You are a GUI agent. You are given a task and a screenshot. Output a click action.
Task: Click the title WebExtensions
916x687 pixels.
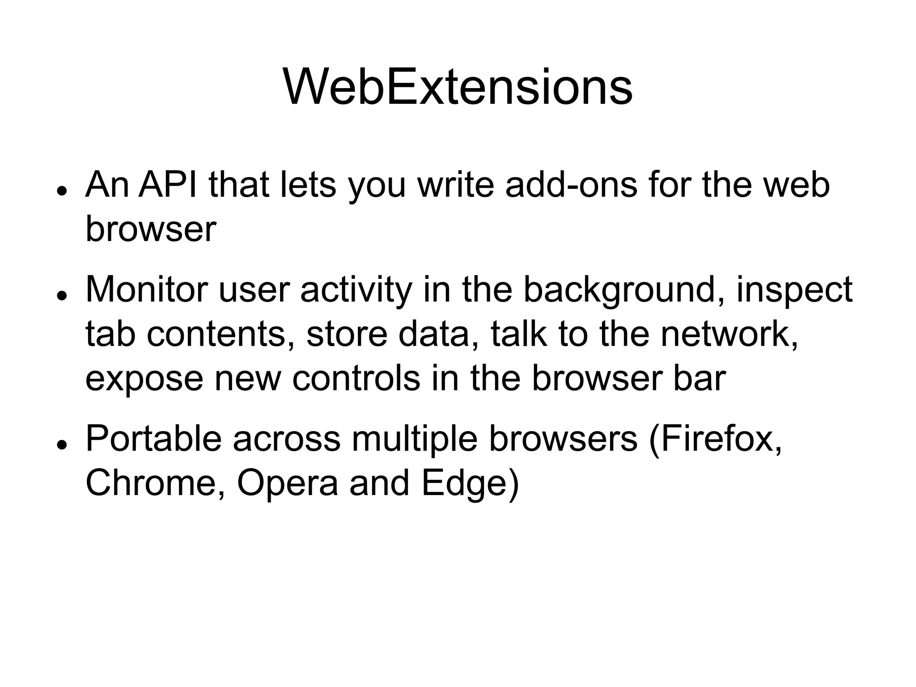458,88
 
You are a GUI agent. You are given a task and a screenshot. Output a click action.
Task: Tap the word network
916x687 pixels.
729,335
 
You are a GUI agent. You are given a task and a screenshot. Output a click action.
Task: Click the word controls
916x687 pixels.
356,378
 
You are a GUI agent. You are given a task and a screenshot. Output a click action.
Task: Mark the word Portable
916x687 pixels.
153,439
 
